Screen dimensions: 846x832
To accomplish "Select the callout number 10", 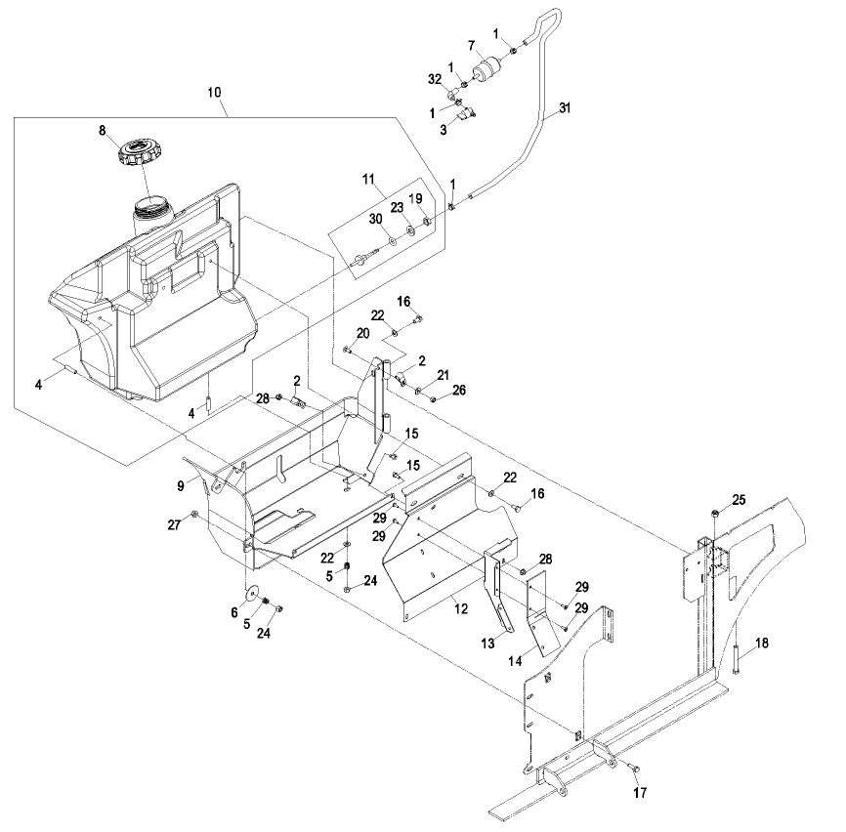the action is click(x=214, y=92).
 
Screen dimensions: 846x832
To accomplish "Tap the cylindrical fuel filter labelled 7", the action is click(x=487, y=69).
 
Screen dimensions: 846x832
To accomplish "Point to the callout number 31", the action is click(x=565, y=107).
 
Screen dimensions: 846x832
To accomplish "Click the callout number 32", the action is click(x=435, y=79).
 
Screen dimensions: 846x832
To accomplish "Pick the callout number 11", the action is click(x=368, y=179).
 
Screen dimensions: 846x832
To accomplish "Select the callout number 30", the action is click(x=376, y=219).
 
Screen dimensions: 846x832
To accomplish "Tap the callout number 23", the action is click(x=397, y=208).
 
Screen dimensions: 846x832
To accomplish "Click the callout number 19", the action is click(x=415, y=199).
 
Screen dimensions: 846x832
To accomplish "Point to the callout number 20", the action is click(x=363, y=333).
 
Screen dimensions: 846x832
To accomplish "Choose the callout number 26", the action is click(x=459, y=390).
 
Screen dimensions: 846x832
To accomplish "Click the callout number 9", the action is click(x=181, y=486).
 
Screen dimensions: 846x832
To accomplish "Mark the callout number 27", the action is click(x=174, y=524).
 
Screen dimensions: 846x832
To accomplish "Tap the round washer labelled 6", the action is click(x=251, y=593).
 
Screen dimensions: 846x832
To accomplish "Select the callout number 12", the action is click(x=461, y=608).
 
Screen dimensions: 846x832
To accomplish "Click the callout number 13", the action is click(x=487, y=644).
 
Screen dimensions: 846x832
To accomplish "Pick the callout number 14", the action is click(x=515, y=660).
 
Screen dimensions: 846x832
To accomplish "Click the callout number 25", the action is click(x=739, y=500).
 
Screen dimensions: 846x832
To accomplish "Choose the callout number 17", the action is click(x=640, y=792).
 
